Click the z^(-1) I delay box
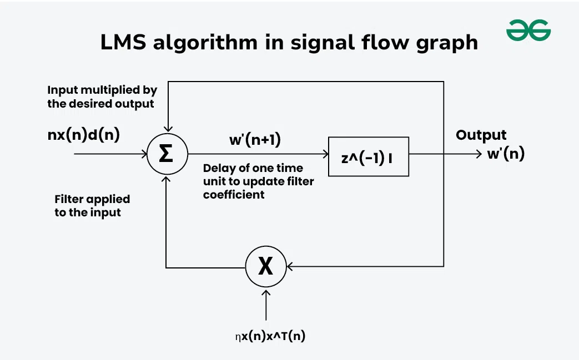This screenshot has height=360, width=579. (368, 156)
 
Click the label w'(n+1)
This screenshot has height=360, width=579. (255, 140)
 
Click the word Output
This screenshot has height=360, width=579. (481, 135)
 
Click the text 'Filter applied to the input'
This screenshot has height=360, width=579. (92, 205)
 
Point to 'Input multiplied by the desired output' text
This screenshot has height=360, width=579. (102, 97)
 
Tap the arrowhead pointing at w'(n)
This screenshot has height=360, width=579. (479, 154)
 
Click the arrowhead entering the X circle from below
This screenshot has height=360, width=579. (266, 292)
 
